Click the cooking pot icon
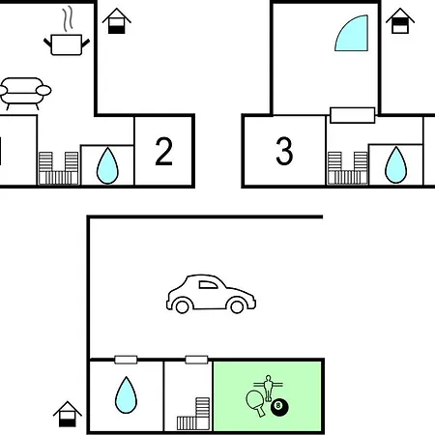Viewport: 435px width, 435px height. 67,44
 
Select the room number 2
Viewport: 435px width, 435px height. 163,151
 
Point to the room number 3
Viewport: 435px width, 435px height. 284,151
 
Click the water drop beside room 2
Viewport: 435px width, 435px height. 107,166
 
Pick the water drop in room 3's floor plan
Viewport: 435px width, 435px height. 396,165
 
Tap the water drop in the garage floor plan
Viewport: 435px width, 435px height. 126,395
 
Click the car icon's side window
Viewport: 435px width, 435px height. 208,285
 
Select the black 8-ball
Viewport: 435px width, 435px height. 279,407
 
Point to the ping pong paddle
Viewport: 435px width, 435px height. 255,402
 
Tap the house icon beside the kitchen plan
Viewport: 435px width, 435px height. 117,21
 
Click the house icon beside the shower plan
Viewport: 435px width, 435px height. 400,21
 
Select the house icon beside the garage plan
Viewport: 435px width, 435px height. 68,414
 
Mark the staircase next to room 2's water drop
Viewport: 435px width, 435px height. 58,168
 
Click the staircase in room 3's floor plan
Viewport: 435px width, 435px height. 348,168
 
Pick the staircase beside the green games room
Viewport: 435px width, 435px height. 193,414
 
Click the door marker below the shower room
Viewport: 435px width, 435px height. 353,115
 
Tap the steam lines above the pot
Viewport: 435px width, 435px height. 68,19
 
